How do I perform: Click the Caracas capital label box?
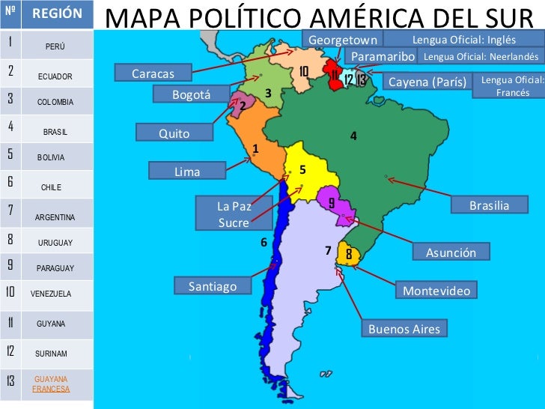click(153, 73)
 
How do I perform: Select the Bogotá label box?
click(191, 94)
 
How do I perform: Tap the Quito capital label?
click(174, 133)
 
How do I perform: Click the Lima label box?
click(187, 172)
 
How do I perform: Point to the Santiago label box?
click(213, 285)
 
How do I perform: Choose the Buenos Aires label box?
click(404, 329)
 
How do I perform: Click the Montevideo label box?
click(436, 290)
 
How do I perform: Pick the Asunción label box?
click(451, 252)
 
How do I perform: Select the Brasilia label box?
click(489, 205)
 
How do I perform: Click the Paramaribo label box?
click(383, 56)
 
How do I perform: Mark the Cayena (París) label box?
click(427, 82)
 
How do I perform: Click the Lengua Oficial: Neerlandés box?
click(481, 56)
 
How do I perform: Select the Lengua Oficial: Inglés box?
click(464, 39)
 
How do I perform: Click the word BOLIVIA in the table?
click(51, 157)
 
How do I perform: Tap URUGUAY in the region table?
click(55, 243)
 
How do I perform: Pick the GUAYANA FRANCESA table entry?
click(51, 384)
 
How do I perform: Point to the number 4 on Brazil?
click(353, 136)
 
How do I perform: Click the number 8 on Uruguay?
click(349, 254)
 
